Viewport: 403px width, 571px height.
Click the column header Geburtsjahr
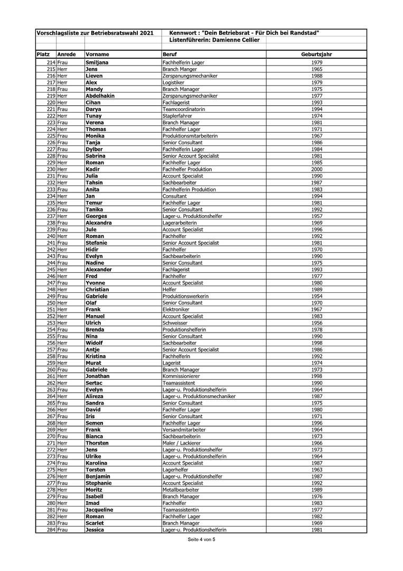tap(316, 54)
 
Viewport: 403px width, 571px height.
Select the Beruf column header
tap(170, 54)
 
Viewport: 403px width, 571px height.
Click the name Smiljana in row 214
tap(97, 63)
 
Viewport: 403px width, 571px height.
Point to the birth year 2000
tap(317, 169)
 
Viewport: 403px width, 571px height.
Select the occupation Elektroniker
tap(176, 309)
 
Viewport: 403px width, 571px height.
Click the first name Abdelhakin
tap(100, 96)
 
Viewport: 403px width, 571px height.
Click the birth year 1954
tap(317, 296)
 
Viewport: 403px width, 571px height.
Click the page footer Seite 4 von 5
tap(201, 540)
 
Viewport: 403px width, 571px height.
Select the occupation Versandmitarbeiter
tap(184, 429)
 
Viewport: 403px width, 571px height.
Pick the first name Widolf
tap(94, 343)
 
